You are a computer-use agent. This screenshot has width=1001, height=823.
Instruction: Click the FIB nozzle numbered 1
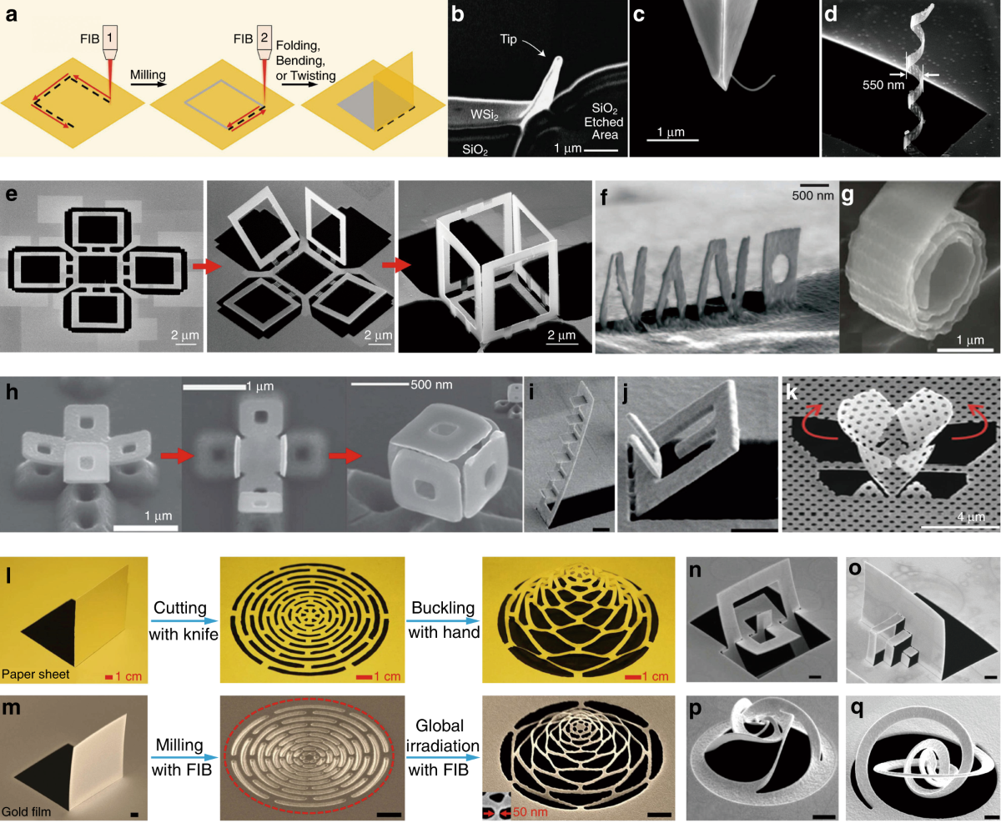tap(109, 43)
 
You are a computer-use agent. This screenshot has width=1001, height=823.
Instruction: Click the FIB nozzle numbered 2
tap(264, 43)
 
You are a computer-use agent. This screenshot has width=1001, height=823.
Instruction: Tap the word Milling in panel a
tap(148, 75)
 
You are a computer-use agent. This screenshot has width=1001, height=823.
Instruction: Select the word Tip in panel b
tap(508, 39)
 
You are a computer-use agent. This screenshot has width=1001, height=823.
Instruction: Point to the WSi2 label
tap(484, 114)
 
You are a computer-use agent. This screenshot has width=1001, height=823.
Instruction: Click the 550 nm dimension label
tap(883, 85)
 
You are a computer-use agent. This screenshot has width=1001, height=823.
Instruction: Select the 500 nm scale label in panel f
tap(812, 195)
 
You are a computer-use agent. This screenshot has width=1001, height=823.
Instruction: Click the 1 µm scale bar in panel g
tap(965, 350)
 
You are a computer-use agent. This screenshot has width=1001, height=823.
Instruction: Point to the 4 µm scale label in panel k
tap(971, 517)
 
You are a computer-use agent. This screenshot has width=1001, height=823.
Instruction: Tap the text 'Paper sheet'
tap(36, 674)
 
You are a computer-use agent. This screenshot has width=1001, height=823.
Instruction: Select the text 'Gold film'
tap(27, 811)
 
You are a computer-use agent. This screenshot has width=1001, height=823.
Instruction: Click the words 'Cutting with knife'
tap(184, 621)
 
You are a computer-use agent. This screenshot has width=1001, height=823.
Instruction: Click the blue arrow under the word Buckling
tap(442, 620)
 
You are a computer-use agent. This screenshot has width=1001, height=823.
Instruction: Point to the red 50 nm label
tap(531, 812)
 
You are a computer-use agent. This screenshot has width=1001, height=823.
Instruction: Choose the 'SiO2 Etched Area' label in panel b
tap(603, 122)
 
